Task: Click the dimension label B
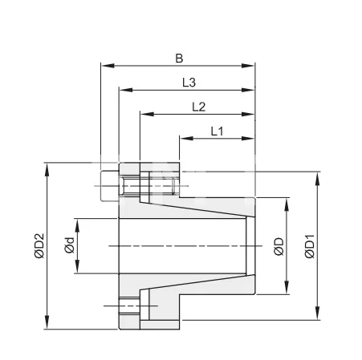[x=179, y=58]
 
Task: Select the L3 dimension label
[x=190, y=82]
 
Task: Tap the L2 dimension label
[x=199, y=106]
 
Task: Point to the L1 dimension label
[x=217, y=130]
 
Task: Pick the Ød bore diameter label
[x=69, y=245]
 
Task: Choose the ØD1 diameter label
[x=310, y=245]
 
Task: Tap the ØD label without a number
[x=278, y=245]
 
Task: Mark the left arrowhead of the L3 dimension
[x=122, y=91]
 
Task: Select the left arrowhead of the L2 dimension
[x=143, y=115]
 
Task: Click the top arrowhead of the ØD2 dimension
[x=48, y=166]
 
